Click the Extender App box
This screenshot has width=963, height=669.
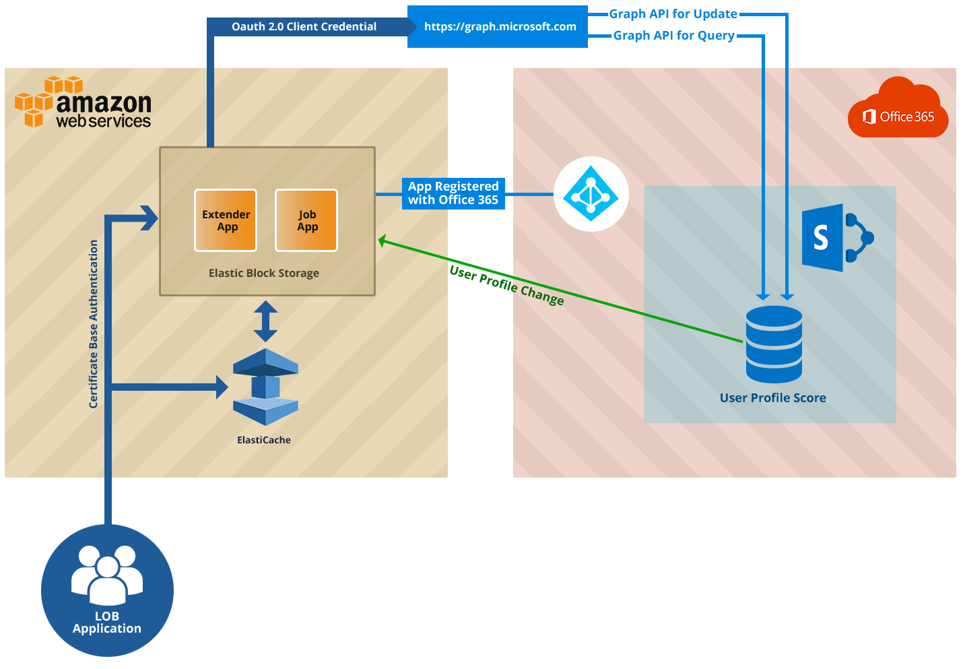tap(226, 220)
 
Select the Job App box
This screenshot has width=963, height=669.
tap(306, 220)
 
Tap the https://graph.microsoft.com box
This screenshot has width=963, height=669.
tap(498, 27)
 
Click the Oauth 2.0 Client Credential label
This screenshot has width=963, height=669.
tap(304, 27)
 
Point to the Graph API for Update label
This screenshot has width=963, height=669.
tap(673, 14)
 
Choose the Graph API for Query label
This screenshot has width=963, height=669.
tap(673, 36)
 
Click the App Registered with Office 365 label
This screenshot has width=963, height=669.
tap(453, 193)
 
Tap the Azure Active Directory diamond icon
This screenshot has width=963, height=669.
tap(591, 194)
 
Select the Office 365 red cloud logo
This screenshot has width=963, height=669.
tap(898, 113)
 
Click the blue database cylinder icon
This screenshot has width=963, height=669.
tap(774, 344)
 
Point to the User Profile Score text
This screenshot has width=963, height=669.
tap(772, 398)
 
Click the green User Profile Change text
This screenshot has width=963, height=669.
tap(506, 285)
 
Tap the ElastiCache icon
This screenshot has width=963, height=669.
tap(265, 387)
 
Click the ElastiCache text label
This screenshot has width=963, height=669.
tap(264, 440)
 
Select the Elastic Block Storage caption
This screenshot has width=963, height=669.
tap(264, 273)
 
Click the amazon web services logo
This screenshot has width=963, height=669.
tap(84, 103)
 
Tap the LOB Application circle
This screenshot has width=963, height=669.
tap(107, 590)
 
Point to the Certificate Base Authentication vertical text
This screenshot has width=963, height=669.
tap(94, 324)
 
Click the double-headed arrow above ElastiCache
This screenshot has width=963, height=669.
tap(265, 321)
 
